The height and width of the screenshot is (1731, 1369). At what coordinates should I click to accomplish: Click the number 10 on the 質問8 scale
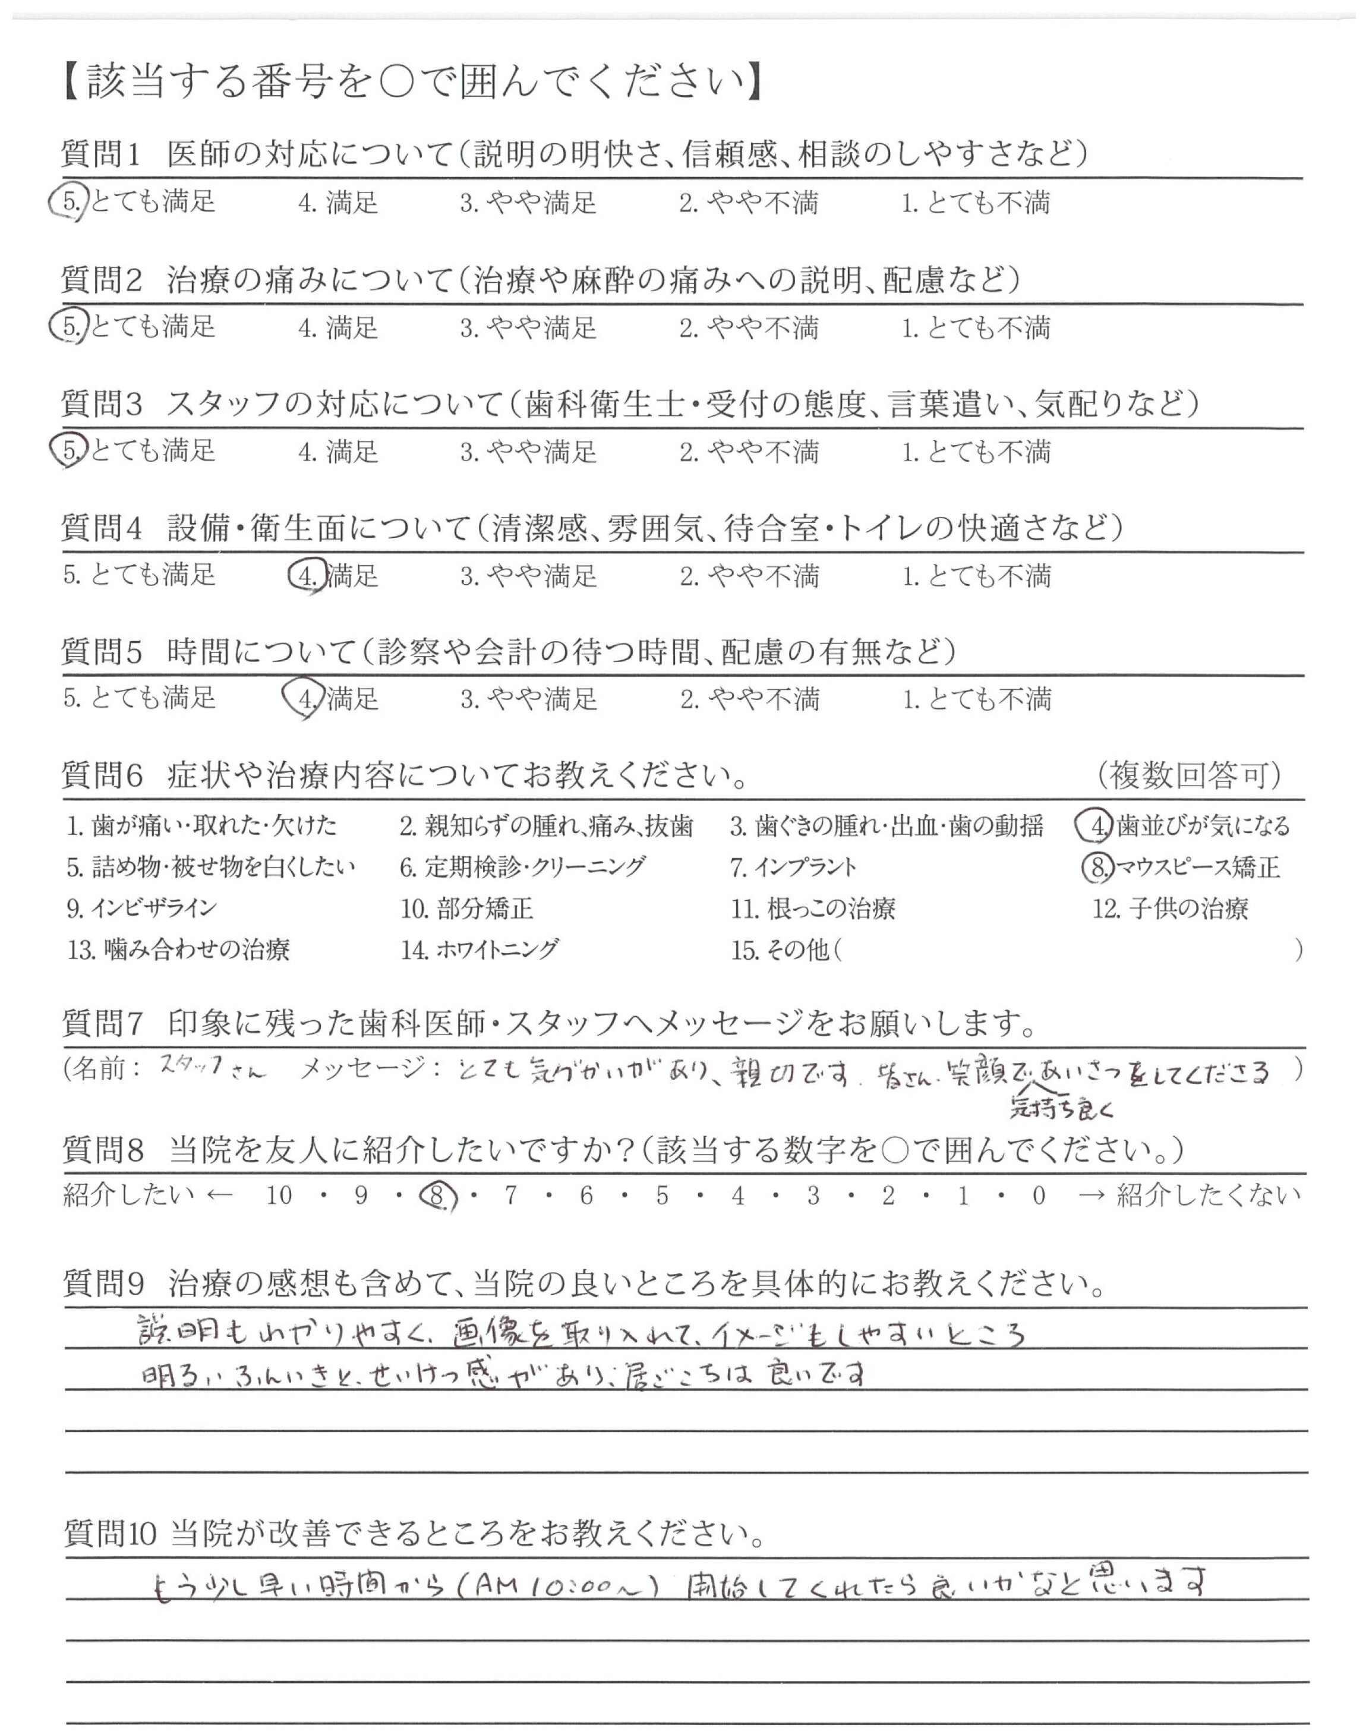pyautogui.click(x=280, y=1196)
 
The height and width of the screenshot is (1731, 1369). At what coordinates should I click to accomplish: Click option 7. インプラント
pyautogui.click(x=793, y=867)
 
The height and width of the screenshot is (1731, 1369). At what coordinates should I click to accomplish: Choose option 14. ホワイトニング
pyautogui.click(x=480, y=950)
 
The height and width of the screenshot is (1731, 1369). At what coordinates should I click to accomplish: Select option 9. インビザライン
pyautogui.click(x=142, y=909)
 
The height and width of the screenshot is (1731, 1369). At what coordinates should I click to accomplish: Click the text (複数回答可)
pyautogui.click(x=1190, y=775)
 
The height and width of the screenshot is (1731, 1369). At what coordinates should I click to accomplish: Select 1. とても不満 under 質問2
pyautogui.click(x=976, y=327)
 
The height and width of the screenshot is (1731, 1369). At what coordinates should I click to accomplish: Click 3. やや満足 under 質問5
pyautogui.click(x=528, y=699)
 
